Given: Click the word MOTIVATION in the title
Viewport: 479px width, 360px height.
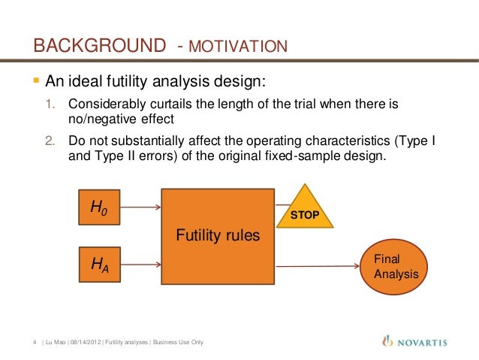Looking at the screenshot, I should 239,48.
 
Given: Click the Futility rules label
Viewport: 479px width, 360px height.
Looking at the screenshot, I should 218,236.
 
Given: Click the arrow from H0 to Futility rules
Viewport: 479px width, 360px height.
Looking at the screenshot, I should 140,206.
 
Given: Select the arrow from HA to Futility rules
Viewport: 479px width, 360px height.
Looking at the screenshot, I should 140,263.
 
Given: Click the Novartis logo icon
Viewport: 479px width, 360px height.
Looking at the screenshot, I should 387,341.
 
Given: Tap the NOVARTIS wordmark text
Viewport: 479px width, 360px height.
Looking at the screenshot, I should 421,343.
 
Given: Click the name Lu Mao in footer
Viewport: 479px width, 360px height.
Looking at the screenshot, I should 56,343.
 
